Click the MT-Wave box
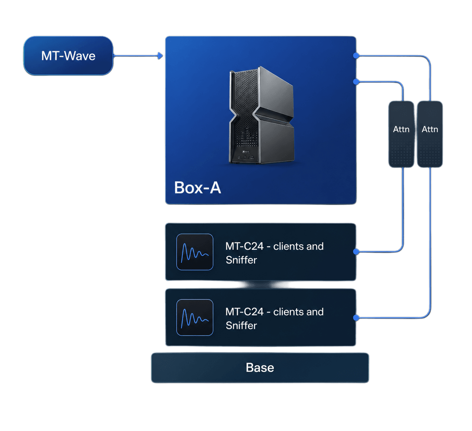pyautogui.click(x=68, y=56)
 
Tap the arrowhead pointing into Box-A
pyautogui.click(x=160, y=56)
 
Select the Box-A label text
pyautogui.click(x=198, y=188)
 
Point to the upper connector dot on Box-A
pyautogui.click(x=356, y=56)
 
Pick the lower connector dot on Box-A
pyautogui.click(x=356, y=82)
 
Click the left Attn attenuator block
pyautogui.click(x=401, y=134)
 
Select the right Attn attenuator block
pyautogui.click(x=430, y=134)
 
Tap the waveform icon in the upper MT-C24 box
pyautogui.click(x=195, y=252)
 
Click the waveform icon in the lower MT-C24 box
pyautogui.click(x=195, y=317)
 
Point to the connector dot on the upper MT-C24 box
pyautogui.click(x=356, y=252)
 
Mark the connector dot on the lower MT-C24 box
pyautogui.click(x=356, y=318)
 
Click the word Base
pyautogui.click(x=260, y=368)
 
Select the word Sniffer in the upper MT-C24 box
pyautogui.click(x=241, y=260)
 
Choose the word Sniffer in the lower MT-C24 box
pyautogui.click(x=241, y=326)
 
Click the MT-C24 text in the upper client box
pyautogui.click(x=244, y=246)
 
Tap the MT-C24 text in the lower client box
pyautogui.click(x=244, y=312)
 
